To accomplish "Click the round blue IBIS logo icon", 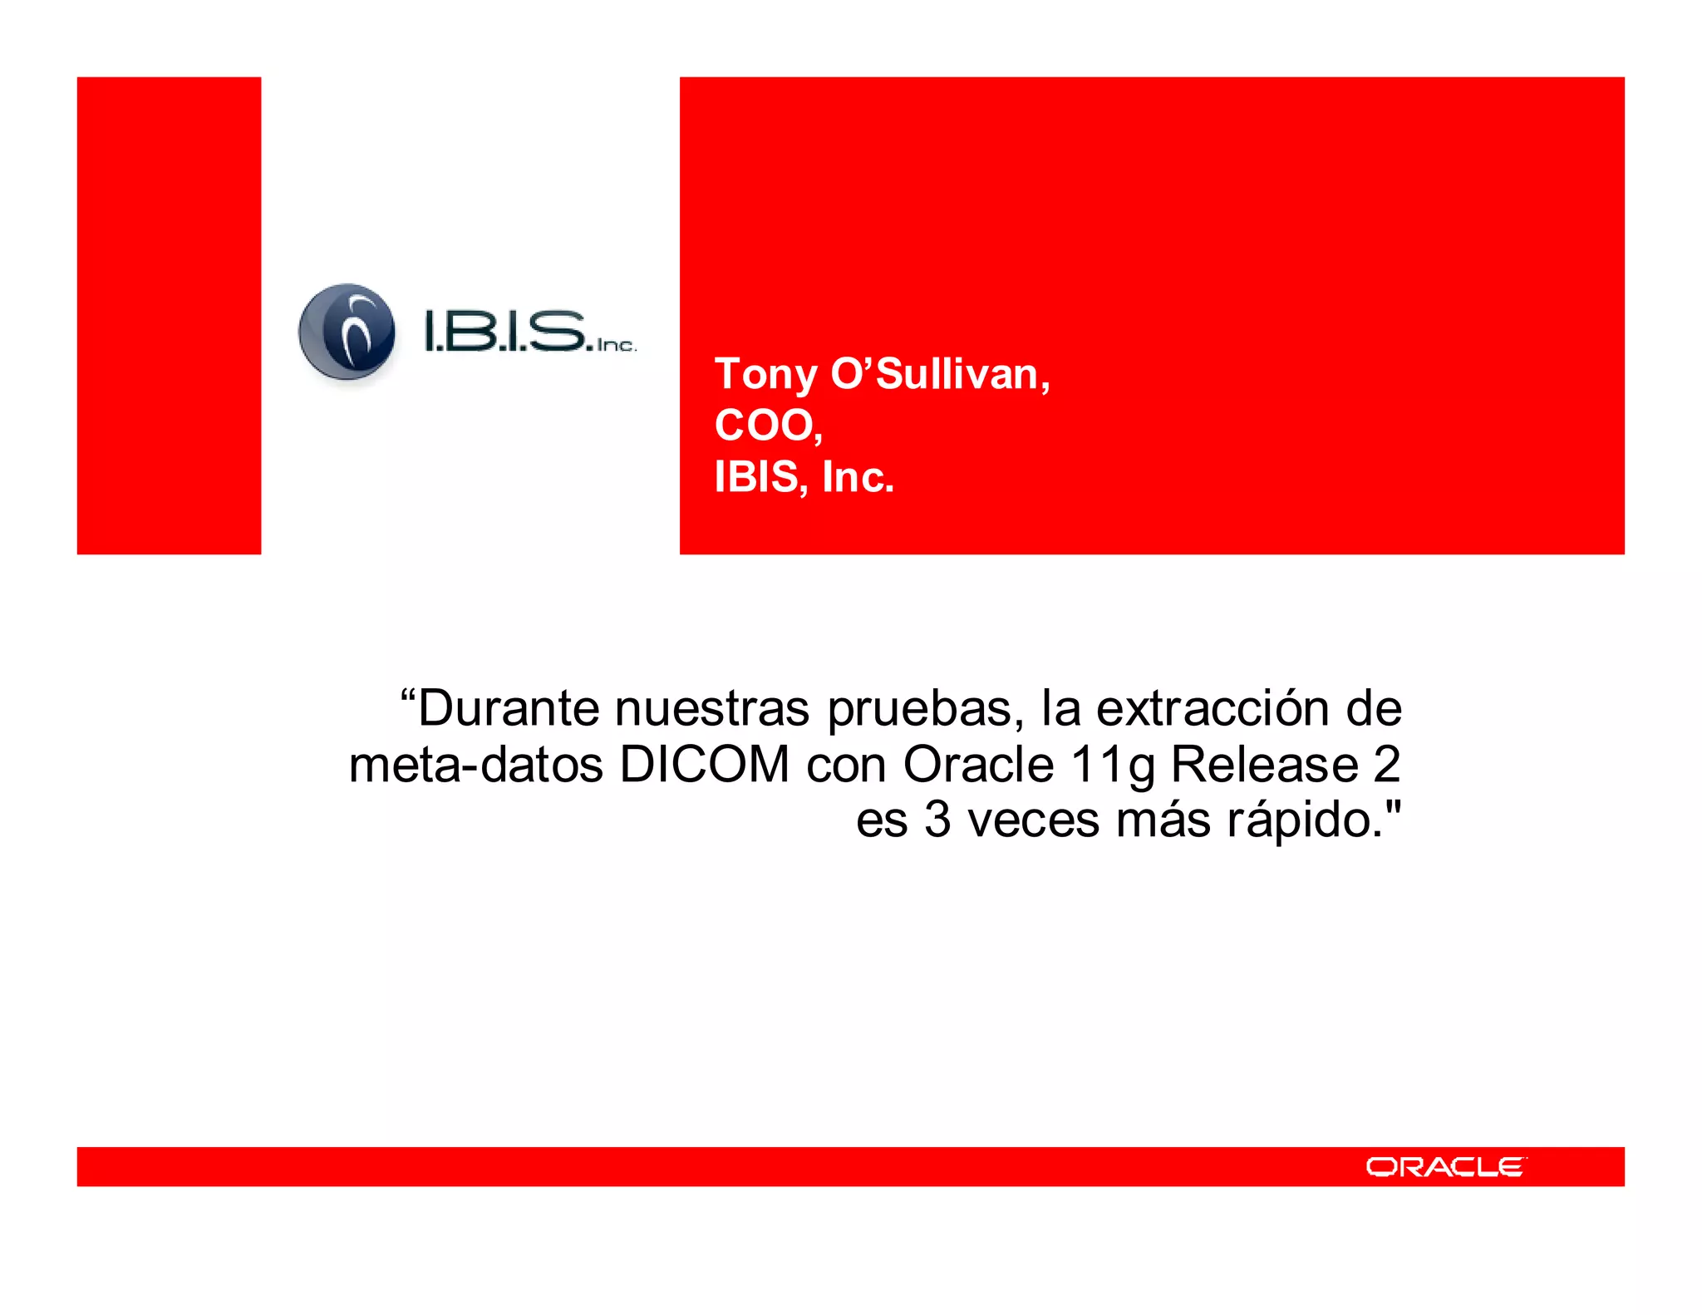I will click(x=347, y=333).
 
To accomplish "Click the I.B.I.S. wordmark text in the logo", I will click(x=505, y=331).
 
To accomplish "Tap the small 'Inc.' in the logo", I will click(x=616, y=345).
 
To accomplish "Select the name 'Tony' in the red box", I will click(x=765, y=375).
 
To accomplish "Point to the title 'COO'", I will click(x=765, y=426).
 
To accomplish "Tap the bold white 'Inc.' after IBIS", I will click(x=858, y=477).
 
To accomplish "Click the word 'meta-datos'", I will click(x=476, y=764).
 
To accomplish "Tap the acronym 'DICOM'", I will click(x=705, y=764).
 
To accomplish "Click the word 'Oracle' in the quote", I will click(x=978, y=764).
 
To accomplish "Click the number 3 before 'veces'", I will click(x=937, y=820).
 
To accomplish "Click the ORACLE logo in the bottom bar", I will click(x=1444, y=1167).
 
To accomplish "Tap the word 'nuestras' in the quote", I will click(x=712, y=708).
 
